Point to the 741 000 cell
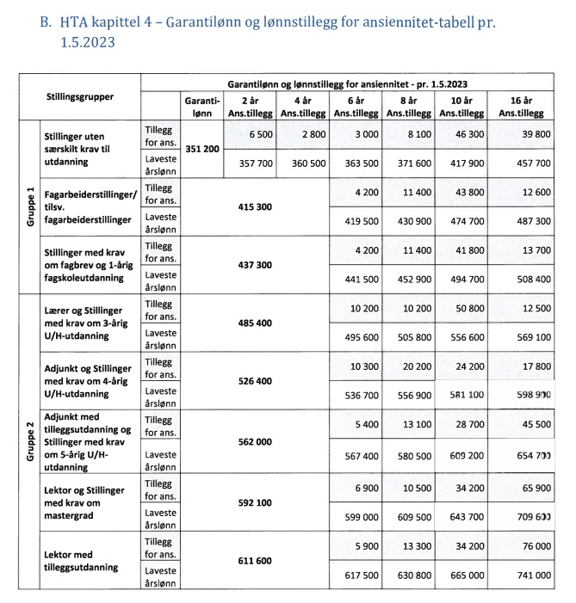click(527, 573)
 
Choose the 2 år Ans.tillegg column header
click(251, 107)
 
